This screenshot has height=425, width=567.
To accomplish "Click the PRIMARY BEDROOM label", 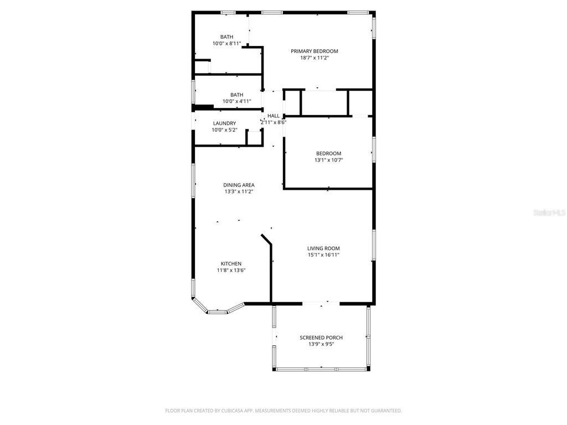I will (x=315, y=51).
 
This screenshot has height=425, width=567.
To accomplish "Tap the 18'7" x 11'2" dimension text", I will (x=315, y=58).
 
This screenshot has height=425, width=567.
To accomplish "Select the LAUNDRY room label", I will (x=224, y=123).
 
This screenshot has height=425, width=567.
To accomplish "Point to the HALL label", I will (x=274, y=116).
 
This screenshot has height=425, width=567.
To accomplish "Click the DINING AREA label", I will (x=239, y=185).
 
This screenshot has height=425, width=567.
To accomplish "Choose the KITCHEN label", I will (x=231, y=263).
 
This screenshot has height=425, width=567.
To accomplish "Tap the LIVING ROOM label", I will (x=323, y=248).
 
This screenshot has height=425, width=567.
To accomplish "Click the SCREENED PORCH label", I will (x=321, y=338).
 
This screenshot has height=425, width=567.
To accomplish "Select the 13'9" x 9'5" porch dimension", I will (x=321, y=344).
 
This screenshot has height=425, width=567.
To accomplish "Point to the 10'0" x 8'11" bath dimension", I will (x=226, y=43).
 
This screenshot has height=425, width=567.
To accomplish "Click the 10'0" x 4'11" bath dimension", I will (x=237, y=101).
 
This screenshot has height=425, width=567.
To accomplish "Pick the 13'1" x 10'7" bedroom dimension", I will (x=328, y=160).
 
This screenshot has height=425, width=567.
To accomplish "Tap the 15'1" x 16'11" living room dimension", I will (x=323, y=255).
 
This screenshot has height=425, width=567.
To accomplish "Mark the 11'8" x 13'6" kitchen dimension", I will (x=231, y=270).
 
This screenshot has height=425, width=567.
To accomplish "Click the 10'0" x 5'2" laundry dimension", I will (x=224, y=130).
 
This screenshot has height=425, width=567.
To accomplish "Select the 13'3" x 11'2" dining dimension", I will (x=239, y=191).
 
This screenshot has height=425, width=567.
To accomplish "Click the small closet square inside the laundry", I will (x=254, y=138).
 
